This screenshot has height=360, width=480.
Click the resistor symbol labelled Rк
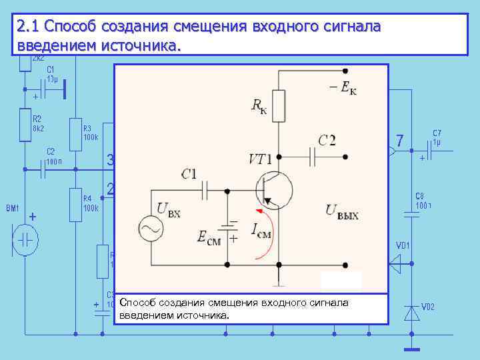tap(279, 105)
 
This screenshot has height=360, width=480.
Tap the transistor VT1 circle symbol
tap(273, 189)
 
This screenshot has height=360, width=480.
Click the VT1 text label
tap(259, 159)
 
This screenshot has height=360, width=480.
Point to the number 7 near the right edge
tap(399, 141)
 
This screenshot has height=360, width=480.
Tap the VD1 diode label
tap(403, 245)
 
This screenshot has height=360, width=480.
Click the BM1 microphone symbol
tap(25, 239)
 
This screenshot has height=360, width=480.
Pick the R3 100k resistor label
tap(90, 133)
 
